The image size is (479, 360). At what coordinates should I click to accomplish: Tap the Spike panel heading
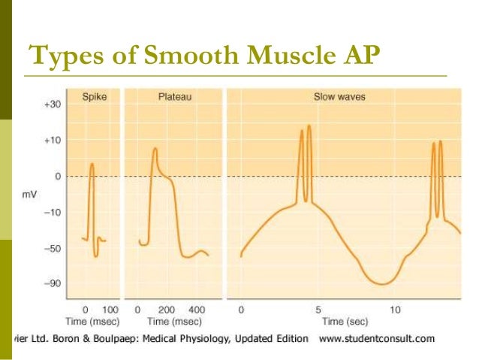click(94, 98)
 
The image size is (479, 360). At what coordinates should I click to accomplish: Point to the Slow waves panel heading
click(335, 98)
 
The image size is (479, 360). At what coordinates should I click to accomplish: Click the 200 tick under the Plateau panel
click(166, 309)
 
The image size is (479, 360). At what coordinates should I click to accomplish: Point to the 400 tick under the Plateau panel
click(196, 309)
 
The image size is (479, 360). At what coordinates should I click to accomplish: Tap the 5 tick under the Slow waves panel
click(318, 309)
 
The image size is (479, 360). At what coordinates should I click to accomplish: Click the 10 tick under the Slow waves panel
click(396, 309)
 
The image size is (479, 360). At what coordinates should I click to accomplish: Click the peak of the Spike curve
click(92, 163)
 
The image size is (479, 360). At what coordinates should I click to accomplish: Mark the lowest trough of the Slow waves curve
click(382, 284)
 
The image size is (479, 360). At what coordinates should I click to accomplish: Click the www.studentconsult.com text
click(377, 338)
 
